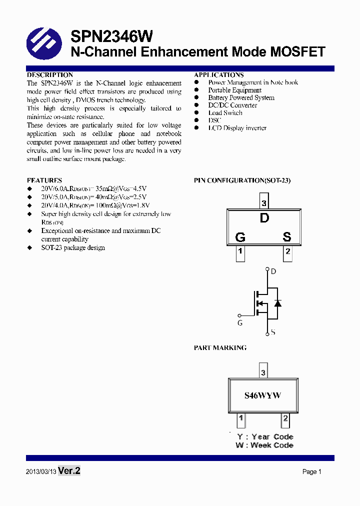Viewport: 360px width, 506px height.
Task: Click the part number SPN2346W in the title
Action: point(111,36)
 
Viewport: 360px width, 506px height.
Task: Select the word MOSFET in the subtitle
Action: point(297,52)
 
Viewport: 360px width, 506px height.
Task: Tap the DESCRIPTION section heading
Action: point(49,75)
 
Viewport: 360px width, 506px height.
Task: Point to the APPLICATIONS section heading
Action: point(218,75)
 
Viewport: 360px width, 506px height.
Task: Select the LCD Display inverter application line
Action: point(237,128)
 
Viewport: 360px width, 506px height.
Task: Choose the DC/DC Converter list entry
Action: point(232,105)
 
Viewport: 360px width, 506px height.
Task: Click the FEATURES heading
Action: point(44,180)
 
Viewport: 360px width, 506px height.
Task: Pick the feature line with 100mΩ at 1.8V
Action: point(95,205)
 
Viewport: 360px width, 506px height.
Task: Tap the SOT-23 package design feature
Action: point(73,247)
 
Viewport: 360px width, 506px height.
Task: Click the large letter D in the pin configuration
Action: point(264,218)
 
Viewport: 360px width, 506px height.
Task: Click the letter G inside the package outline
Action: point(240,237)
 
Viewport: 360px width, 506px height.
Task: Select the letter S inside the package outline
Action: point(287,237)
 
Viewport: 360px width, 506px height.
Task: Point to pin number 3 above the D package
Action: point(264,203)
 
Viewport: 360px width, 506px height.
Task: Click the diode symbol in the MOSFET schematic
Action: point(278,303)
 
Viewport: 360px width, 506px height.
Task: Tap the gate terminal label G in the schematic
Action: point(240,323)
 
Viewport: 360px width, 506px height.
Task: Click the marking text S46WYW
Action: point(262,395)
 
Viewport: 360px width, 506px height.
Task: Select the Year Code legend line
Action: point(265,436)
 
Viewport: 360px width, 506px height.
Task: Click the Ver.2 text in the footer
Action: point(69,471)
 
